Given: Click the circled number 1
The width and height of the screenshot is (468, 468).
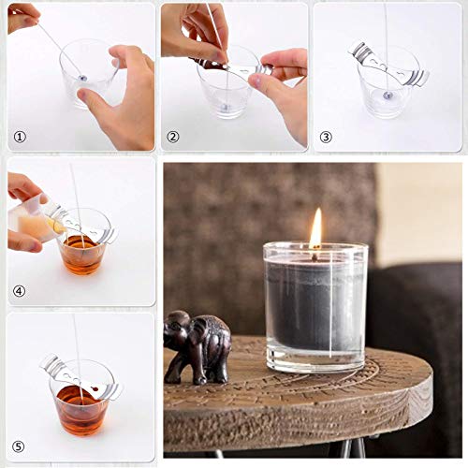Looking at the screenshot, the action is [20, 137].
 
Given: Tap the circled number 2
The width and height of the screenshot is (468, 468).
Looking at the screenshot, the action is [173, 137].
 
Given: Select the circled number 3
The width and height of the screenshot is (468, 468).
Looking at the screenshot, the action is [326, 137].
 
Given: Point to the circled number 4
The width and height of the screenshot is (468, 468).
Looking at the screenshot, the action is [20, 291].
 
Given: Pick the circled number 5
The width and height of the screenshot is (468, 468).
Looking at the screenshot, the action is [19, 446].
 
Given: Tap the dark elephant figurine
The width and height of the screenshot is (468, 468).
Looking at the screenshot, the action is [197, 346].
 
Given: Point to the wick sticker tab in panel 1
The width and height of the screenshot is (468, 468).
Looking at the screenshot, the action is [82, 78].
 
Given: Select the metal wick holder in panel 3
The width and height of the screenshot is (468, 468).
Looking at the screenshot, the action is [389, 65].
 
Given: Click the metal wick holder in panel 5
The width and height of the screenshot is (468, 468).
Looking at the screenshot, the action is [81, 377].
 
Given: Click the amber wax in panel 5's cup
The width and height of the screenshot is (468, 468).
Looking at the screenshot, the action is [80, 410].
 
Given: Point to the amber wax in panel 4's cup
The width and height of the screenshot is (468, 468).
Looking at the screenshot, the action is [82, 255].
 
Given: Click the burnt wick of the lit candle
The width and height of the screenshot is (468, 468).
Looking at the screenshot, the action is [315, 256].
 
